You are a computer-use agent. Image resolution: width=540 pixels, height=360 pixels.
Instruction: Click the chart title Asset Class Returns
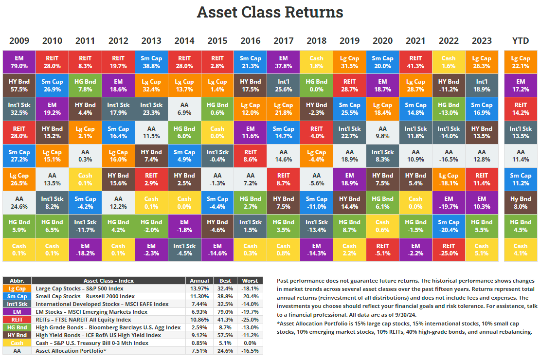tap(270, 12)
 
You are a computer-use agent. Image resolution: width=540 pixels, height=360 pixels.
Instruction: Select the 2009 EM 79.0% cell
tap(19, 62)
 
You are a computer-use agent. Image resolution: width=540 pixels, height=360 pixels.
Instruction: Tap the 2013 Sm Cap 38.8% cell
tap(151, 62)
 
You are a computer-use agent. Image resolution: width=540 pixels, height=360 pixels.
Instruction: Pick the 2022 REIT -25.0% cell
tap(449, 250)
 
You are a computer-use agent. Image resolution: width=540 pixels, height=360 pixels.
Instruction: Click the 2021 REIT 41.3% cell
tap(415, 62)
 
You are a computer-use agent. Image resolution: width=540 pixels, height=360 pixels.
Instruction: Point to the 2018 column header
tap(316, 41)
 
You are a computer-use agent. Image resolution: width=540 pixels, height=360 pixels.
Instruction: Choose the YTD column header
tap(521, 41)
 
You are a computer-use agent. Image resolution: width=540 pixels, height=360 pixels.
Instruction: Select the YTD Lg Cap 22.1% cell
tap(521, 62)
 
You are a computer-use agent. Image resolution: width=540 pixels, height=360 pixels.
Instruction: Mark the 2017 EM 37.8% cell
tap(283, 62)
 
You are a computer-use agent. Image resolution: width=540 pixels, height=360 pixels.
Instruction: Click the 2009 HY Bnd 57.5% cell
tap(19, 85)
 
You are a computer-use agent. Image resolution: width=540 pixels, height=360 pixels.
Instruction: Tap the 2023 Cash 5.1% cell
tap(482, 250)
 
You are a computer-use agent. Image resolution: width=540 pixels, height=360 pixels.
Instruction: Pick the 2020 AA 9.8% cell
tap(382, 132)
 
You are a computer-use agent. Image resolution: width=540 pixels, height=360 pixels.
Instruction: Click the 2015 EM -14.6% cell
tap(217, 250)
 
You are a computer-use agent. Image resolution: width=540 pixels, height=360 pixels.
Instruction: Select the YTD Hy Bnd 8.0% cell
tap(521, 202)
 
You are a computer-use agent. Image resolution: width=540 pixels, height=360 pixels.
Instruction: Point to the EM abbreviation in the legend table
tap(17, 312)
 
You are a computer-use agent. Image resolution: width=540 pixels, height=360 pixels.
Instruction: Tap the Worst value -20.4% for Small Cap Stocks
tap(249, 296)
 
